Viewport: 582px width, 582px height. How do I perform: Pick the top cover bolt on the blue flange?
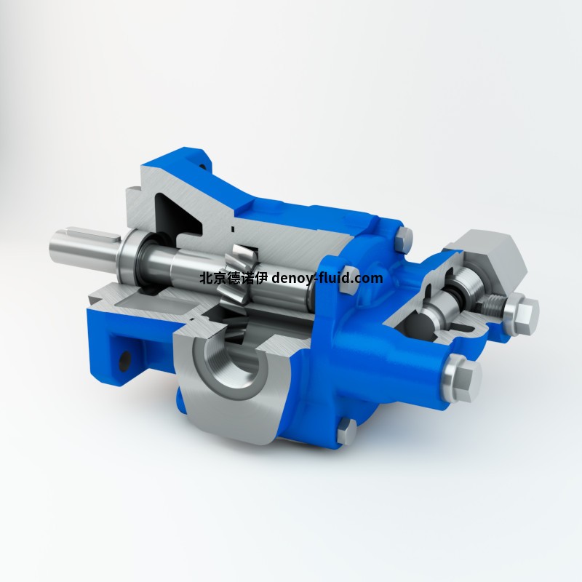(405, 235)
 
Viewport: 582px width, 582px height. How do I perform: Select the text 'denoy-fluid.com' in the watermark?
(327, 279)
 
